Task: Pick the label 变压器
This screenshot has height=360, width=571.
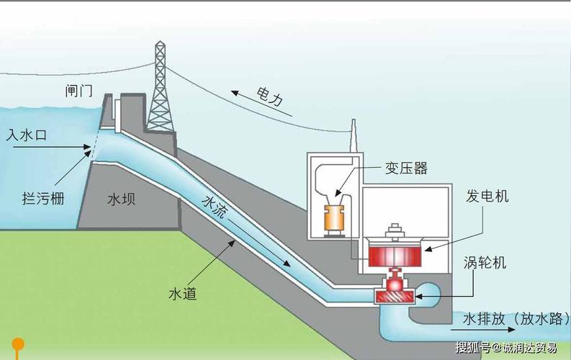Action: tap(405, 168)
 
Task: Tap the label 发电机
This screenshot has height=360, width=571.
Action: tap(487, 196)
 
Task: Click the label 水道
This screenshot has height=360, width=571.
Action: tap(183, 294)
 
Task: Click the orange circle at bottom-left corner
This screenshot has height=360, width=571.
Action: tap(18, 344)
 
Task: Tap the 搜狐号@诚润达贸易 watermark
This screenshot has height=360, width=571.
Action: tap(506, 348)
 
